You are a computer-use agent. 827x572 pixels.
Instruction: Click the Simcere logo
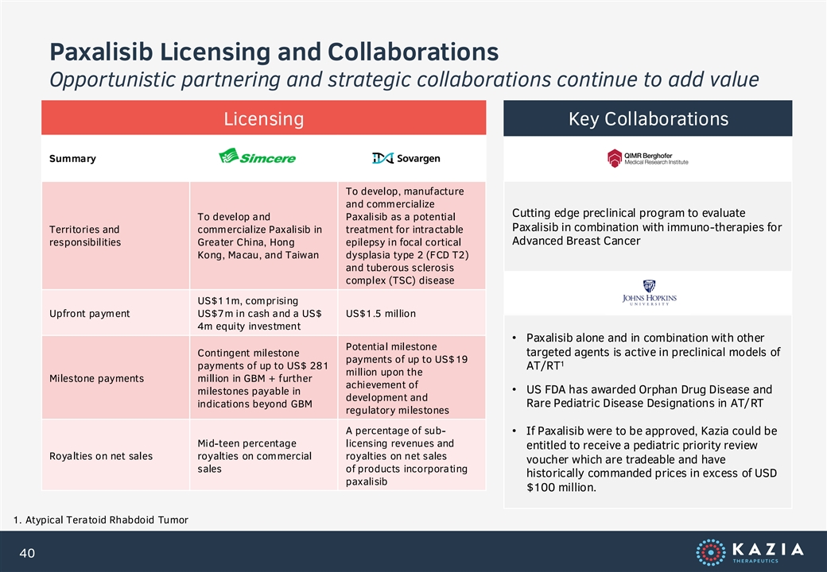click(x=258, y=157)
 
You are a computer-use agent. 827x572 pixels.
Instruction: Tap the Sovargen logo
click(x=406, y=158)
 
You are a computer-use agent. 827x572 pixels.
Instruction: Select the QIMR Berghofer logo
click(x=647, y=158)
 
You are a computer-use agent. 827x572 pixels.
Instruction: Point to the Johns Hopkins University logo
click(x=649, y=293)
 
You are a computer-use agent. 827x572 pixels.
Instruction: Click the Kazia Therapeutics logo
click(x=750, y=552)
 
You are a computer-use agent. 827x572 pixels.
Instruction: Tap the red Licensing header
click(x=264, y=118)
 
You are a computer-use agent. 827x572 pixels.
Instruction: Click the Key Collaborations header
click(x=647, y=118)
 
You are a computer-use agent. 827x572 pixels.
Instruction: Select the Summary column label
click(x=73, y=159)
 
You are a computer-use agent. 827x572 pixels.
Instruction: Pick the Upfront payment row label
click(x=90, y=313)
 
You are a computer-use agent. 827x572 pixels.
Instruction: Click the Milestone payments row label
click(x=96, y=378)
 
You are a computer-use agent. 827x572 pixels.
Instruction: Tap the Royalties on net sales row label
click(x=101, y=456)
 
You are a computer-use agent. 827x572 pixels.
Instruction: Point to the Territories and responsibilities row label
click(x=85, y=236)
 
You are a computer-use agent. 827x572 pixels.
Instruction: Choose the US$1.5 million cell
click(x=381, y=313)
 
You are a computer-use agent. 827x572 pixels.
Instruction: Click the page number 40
click(x=27, y=553)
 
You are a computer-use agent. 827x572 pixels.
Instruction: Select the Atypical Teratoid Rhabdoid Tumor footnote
click(x=101, y=520)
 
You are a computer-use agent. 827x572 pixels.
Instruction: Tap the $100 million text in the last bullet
click(x=561, y=487)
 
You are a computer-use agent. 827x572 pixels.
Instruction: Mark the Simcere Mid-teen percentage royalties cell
click(x=254, y=456)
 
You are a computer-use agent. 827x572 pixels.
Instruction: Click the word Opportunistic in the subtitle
click(x=112, y=80)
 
